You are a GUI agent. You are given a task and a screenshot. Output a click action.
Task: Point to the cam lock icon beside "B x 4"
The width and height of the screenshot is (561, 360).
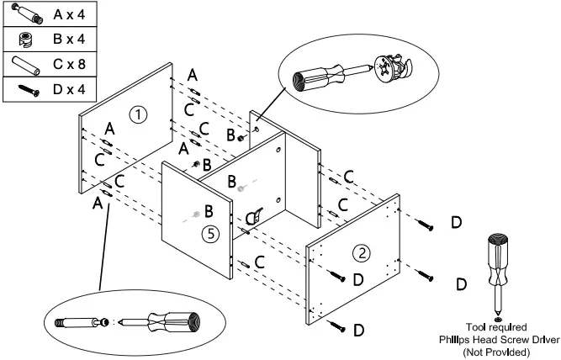pyautogui.click(x=24, y=40)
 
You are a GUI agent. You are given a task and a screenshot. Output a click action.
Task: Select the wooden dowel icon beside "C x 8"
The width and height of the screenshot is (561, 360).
pyautogui.click(x=24, y=63)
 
